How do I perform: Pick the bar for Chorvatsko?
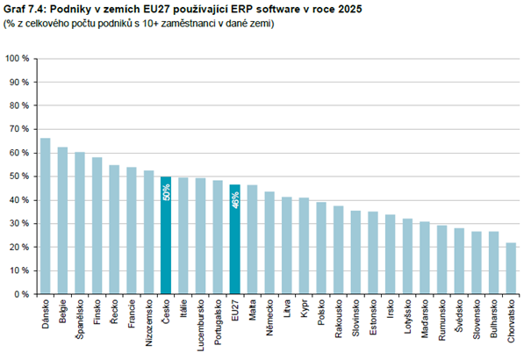click(x=510, y=268)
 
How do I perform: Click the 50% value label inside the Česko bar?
click(x=165, y=192)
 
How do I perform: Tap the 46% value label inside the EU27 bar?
click(x=234, y=199)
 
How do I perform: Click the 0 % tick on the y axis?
click(x=22, y=294)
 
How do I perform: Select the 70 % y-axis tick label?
click(x=19, y=129)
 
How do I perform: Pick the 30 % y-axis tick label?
click(x=19, y=223)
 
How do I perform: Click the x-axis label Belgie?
click(x=62, y=312)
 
